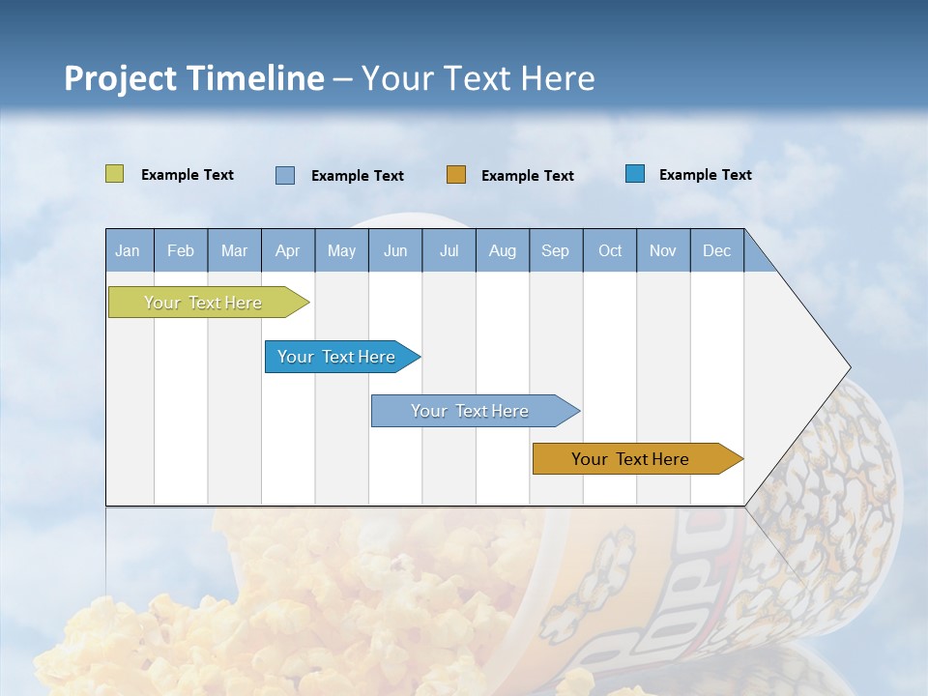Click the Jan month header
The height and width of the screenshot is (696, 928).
tap(129, 250)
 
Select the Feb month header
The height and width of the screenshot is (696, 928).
tap(181, 250)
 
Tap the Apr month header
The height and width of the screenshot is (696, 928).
tap(288, 250)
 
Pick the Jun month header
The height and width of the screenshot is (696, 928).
tap(395, 250)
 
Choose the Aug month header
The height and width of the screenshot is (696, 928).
tap(503, 250)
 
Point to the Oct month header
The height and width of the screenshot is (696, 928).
tap(610, 250)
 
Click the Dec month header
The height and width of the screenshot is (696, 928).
tap(717, 250)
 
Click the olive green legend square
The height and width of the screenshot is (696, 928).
tap(114, 174)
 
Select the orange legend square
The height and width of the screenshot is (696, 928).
tap(456, 174)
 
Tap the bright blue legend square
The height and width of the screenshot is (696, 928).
tap(635, 174)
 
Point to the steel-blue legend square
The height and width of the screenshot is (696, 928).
tap(285, 175)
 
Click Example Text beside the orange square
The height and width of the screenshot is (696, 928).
tap(528, 176)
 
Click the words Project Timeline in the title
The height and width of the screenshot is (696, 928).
tap(194, 78)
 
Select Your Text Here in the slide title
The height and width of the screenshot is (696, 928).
tap(478, 78)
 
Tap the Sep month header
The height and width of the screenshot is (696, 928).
tap(556, 250)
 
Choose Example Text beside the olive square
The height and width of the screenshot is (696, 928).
tap(188, 175)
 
